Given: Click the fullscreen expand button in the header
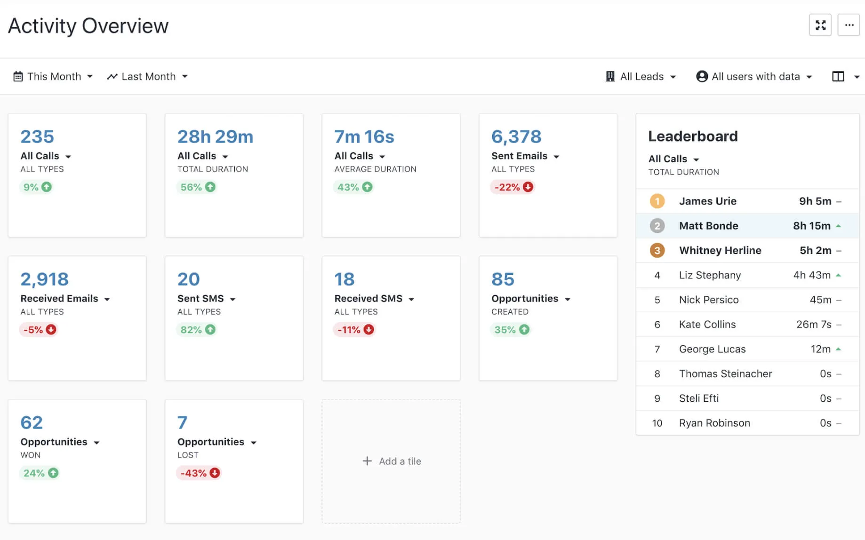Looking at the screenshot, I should coord(820,25).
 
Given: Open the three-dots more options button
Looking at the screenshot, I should coord(849,25).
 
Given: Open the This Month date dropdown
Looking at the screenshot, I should coord(53,76).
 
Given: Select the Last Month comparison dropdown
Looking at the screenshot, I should coord(147,76).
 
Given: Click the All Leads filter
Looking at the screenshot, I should coord(641,76).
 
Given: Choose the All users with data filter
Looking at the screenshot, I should coord(754,76).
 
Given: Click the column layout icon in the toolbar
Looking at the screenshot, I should coord(838,76).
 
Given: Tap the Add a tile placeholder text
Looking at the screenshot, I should coord(400,461).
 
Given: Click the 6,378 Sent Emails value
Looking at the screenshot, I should coord(516,137).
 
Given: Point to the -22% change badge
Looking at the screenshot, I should coord(513,187).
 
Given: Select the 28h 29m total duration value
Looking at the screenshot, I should coord(215,137).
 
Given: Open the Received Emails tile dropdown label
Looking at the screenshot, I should coord(65,299).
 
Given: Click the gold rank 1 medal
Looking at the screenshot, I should coord(657,201).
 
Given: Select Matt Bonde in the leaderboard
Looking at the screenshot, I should coord(708,226).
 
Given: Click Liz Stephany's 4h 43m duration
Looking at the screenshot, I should coord(811,275).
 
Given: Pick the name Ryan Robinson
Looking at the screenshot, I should coord(714,423).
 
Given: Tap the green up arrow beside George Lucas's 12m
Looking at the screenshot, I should coord(838,349).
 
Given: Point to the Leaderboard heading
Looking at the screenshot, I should coord(693,136).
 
